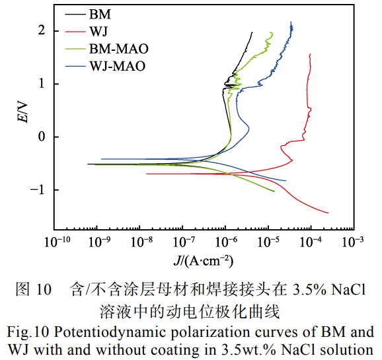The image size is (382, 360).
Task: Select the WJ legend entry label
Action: tap(97, 30)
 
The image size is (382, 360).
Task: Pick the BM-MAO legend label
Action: tap(118, 48)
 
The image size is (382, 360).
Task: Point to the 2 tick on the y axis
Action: tap(41, 31)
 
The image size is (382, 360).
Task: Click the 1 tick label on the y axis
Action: tap(41, 84)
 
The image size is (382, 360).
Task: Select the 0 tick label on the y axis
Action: tap(41, 137)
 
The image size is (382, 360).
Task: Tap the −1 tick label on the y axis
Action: tap(38, 190)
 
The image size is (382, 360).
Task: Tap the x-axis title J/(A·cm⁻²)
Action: tap(204, 260)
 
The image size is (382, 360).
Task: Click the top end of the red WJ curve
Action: tap(310, 54)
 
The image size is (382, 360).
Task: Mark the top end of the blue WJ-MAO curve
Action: tap(291, 22)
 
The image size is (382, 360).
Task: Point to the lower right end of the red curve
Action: tap(328, 213)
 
